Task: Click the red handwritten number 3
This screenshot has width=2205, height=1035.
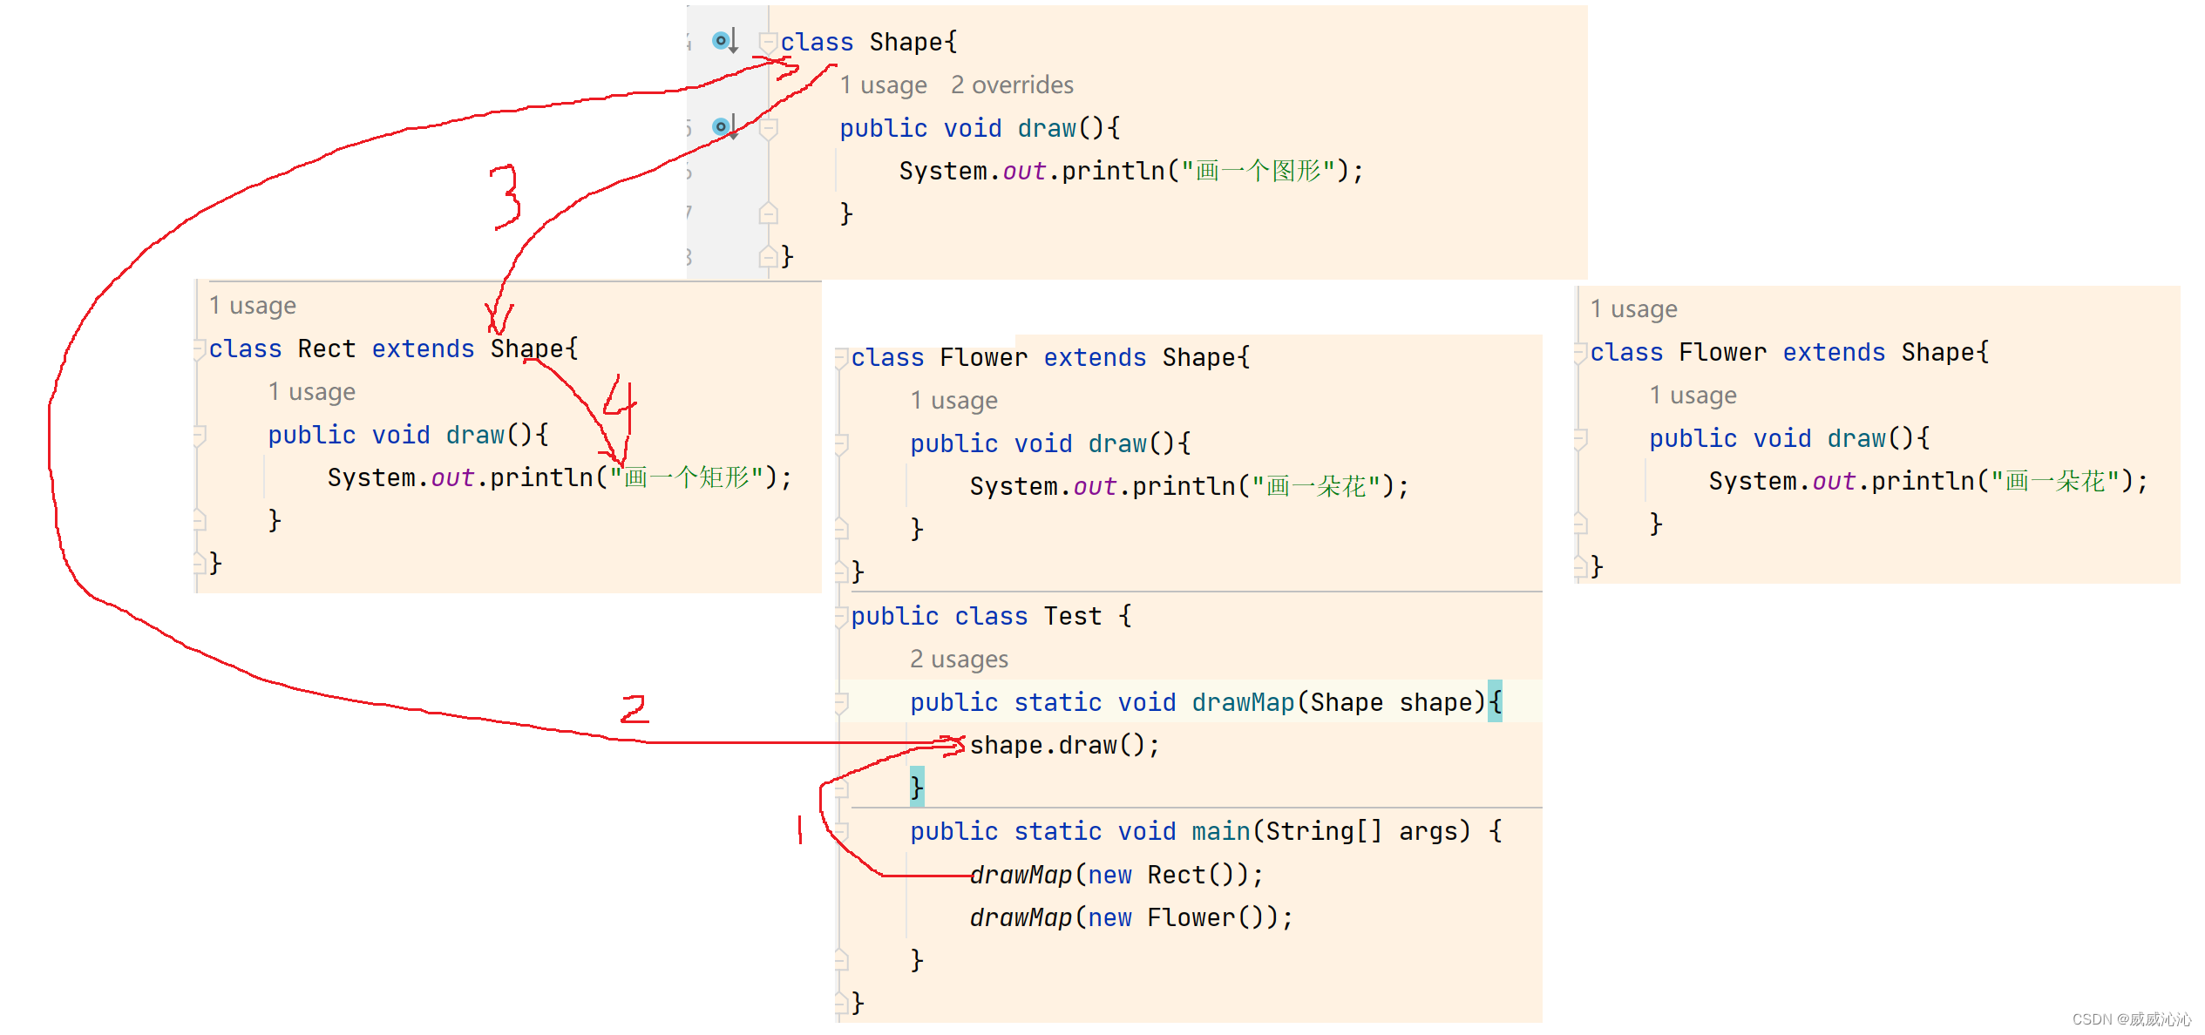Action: (x=505, y=198)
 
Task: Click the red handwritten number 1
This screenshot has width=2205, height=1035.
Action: (x=800, y=829)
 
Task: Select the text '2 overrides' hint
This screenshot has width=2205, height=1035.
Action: (x=1012, y=85)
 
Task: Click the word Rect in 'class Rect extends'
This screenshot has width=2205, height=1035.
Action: (x=327, y=349)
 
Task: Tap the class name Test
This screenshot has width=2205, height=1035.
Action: (x=1073, y=617)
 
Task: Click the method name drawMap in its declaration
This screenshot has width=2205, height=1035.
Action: (x=1243, y=703)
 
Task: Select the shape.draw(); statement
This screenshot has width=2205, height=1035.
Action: (x=1064, y=746)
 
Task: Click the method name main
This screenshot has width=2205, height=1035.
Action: (x=1221, y=832)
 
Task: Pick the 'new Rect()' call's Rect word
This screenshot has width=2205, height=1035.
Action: (x=1177, y=875)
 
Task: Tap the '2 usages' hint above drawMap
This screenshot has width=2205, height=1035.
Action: (x=959, y=660)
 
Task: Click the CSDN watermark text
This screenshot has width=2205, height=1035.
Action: (x=2131, y=1018)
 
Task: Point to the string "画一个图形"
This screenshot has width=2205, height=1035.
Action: (x=1259, y=172)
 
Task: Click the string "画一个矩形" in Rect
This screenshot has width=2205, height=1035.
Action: (x=687, y=478)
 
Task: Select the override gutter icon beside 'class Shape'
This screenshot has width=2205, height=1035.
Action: (x=723, y=41)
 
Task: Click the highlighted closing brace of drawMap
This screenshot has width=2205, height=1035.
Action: (x=917, y=787)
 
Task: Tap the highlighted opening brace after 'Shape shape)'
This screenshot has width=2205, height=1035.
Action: (x=1495, y=702)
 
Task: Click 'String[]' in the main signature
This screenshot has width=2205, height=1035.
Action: (x=1324, y=832)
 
